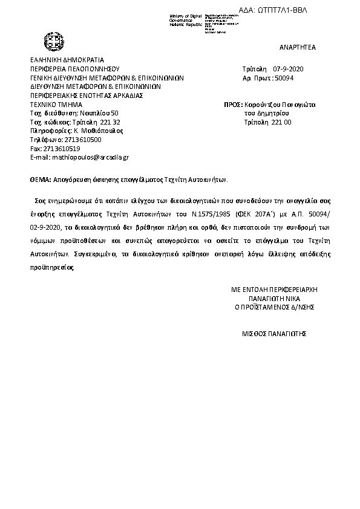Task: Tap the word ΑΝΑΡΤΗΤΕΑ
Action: pos(298,47)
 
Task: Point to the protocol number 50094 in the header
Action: pos(284,79)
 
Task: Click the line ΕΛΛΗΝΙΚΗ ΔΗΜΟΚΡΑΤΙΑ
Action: pos(67,60)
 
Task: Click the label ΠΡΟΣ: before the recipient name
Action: pos(233,105)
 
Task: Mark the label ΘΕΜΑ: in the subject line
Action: pos(41,180)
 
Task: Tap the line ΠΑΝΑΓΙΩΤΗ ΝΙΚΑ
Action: pos(275,298)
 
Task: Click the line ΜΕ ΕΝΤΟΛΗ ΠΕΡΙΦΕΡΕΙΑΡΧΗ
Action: pos(275,290)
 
